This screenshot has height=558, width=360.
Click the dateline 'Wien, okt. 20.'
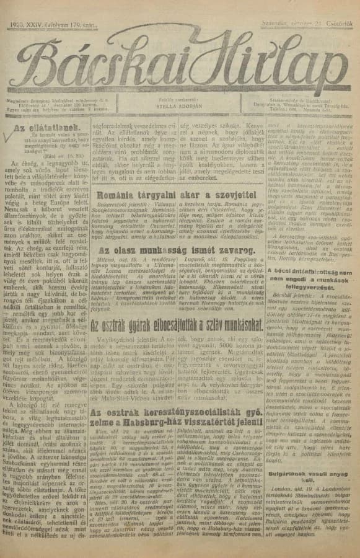(107, 430)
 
